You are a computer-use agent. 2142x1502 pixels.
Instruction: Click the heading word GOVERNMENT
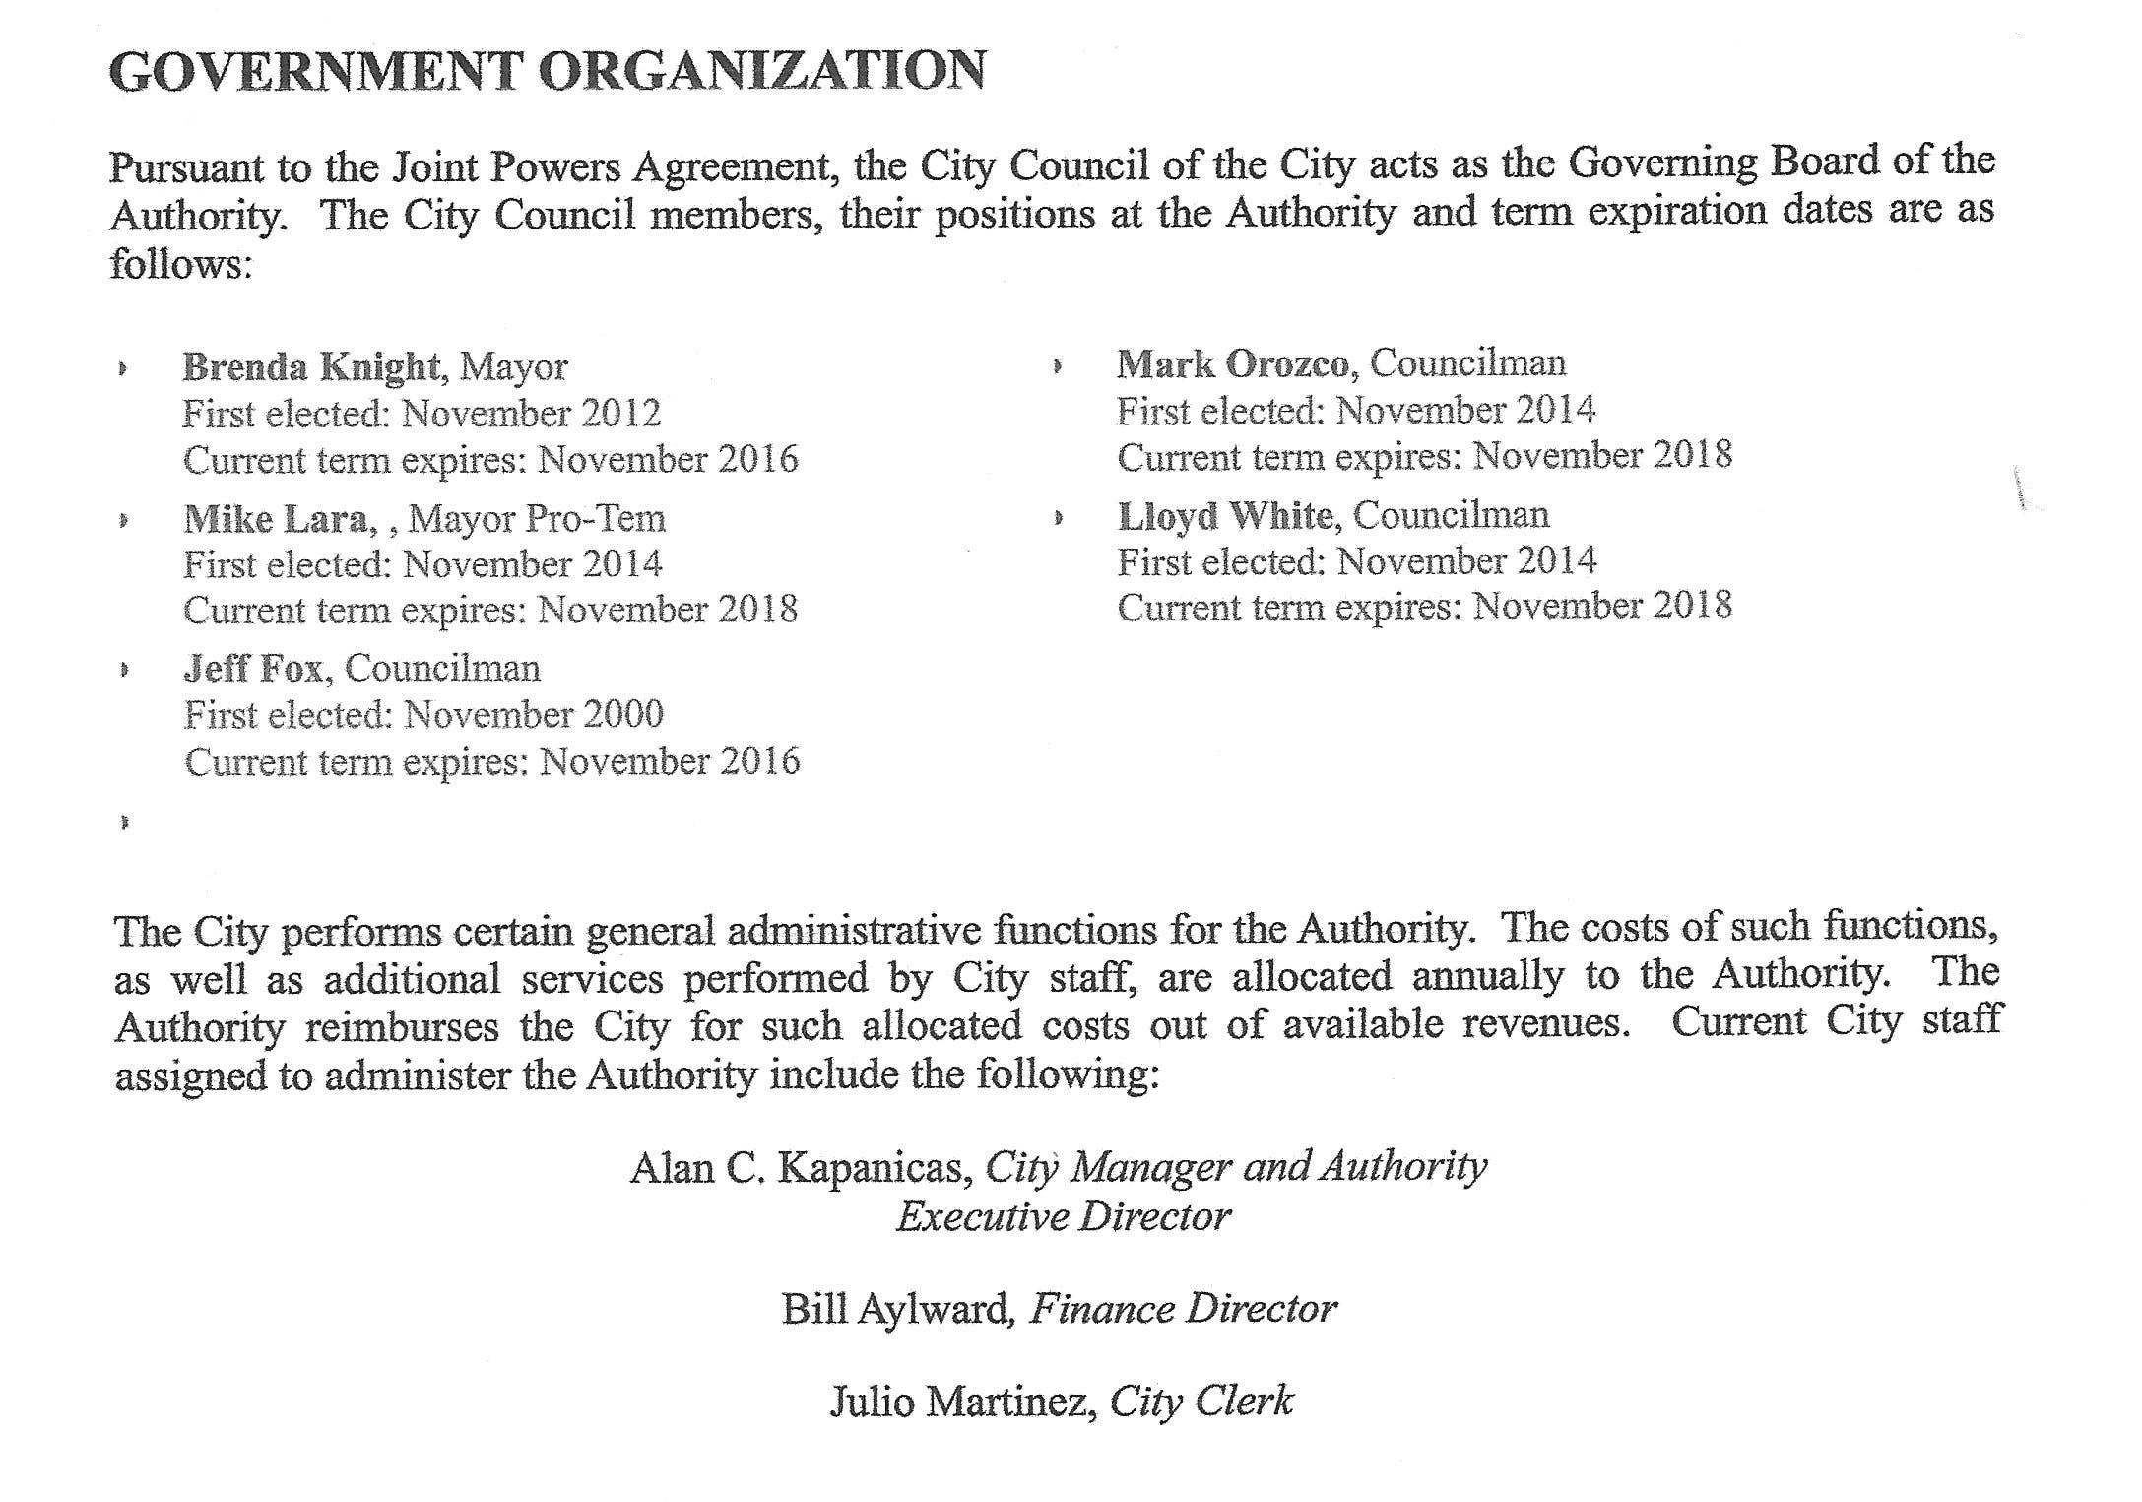(313, 71)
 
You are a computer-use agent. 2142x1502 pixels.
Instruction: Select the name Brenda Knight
(310, 367)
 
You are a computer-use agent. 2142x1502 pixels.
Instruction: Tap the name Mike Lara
(275, 519)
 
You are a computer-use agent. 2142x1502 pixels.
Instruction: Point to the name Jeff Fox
(253, 669)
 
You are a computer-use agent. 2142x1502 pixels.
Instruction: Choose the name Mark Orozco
(1232, 364)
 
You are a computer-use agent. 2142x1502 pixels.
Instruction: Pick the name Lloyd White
(1225, 515)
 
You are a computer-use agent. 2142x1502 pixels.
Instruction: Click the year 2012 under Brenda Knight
(620, 414)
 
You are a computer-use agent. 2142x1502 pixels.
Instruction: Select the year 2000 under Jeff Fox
(622, 715)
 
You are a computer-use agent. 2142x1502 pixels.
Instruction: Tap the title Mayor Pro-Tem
(537, 519)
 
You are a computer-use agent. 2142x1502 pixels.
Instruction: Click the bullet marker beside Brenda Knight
(122, 369)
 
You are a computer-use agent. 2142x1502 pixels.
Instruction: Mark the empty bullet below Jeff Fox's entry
(124, 821)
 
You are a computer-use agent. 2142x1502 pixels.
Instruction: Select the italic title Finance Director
(1182, 1310)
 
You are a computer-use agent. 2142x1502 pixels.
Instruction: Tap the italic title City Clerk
(1201, 1402)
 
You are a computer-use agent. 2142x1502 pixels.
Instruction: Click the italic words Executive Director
(1063, 1217)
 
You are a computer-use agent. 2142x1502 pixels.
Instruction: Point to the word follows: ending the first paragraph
(181, 264)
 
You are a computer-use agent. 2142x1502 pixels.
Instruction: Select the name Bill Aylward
(896, 1310)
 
